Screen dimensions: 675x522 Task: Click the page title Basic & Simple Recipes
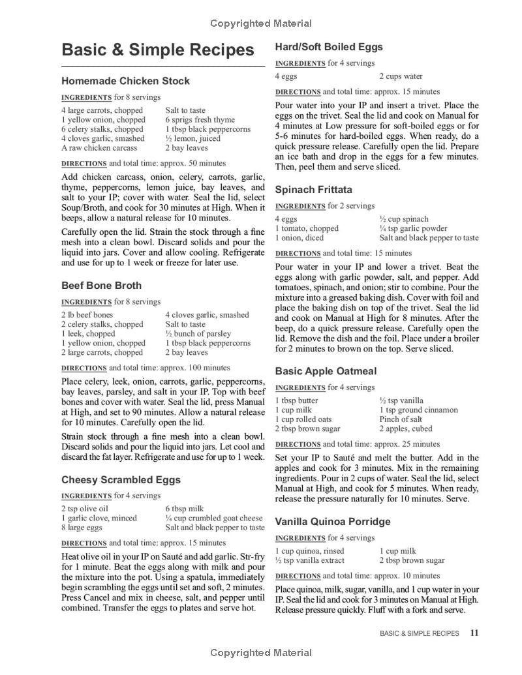(x=158, y=50)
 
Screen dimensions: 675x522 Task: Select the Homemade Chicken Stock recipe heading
(x=125, y=81)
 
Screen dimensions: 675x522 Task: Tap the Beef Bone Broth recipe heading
(x=101, y=285)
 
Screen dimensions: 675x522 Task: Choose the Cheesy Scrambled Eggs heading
(x=121, y=479)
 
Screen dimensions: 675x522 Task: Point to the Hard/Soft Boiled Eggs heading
(x=329, y=47)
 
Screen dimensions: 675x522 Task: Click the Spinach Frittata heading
(x=313, y=190)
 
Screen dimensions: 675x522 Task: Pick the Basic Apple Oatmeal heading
(x=326, y=371)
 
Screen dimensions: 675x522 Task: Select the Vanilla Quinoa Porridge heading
(x=333, y=522)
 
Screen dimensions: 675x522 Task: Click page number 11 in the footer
(x=474, y=633)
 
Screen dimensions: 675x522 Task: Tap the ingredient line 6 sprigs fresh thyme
(x=200, y=120)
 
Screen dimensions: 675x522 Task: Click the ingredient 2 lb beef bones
(x=87, y=315)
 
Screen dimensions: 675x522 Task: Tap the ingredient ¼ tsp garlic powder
(x=413, y=228)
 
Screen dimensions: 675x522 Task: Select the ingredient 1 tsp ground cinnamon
(x=418, y=410)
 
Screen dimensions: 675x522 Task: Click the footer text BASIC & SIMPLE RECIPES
(x=419, y=633)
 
